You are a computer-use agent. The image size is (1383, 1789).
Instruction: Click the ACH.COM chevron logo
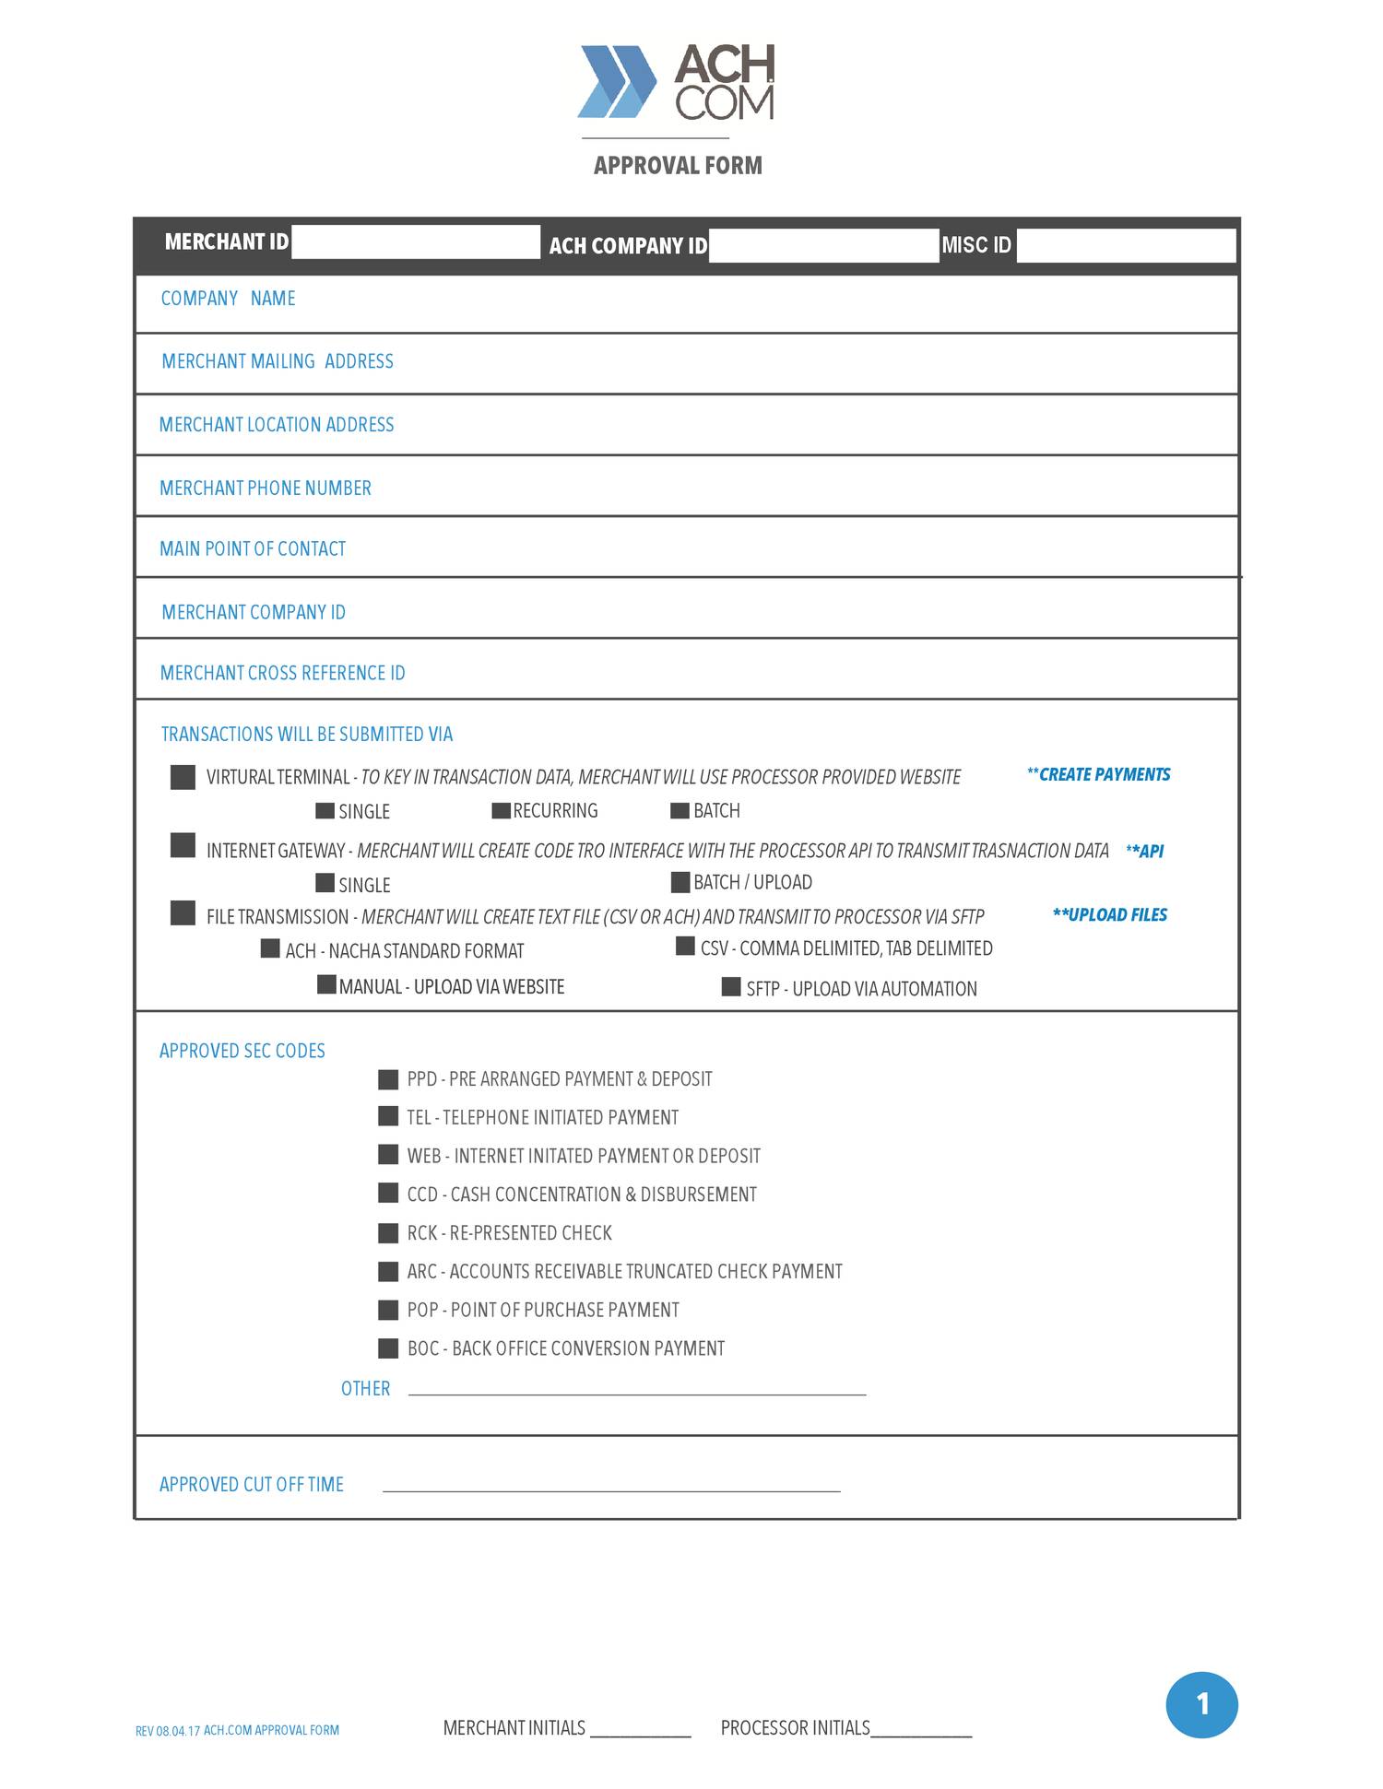pos(617,81)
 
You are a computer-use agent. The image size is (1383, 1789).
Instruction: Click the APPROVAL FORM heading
pos(678,166)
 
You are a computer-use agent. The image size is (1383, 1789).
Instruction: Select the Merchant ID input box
pos(416,242)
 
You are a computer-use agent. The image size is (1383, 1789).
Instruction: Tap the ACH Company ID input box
pos(823,246)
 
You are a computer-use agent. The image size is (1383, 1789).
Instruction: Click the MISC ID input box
pos(1126,246)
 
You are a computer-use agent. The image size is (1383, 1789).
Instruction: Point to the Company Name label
pos(228,299)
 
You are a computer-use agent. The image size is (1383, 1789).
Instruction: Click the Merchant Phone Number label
pos(266,488)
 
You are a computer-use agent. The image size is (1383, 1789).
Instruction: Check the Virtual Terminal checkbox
pos(183,777)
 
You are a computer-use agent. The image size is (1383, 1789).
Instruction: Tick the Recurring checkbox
pos(501,811)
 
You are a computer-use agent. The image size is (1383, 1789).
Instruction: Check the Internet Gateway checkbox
pos(183,845)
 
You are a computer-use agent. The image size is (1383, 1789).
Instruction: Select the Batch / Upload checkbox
pos(680,883)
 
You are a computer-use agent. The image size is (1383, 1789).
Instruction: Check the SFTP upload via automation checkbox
pos(731,988)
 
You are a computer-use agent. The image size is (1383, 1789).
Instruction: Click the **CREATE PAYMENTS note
pos(1098,775)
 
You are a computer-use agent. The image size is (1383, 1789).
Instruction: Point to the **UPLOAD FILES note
pos(1109,915)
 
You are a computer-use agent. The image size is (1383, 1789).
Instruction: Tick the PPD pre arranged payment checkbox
pos(388,1079)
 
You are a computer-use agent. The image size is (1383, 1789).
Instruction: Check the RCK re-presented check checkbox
pos(388,1233)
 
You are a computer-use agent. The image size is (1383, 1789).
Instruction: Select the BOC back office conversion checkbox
pos(388,1348)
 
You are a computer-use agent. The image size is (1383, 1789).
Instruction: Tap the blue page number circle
pos(1201,1704)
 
